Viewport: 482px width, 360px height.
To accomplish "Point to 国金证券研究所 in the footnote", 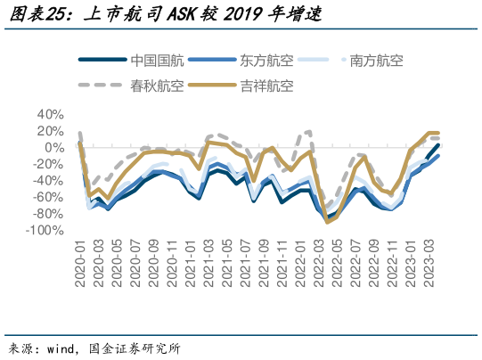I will point(137,348).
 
